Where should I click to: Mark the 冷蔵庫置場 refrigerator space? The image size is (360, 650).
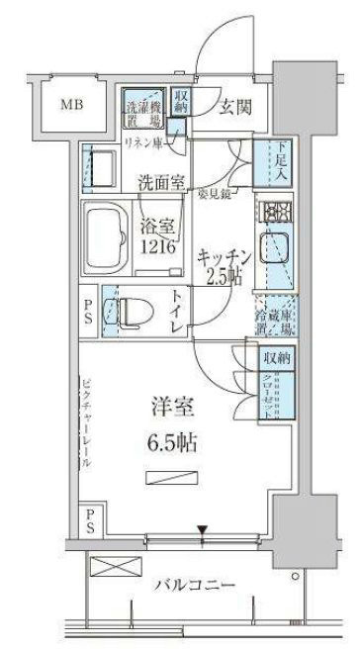tap(272, 317)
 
